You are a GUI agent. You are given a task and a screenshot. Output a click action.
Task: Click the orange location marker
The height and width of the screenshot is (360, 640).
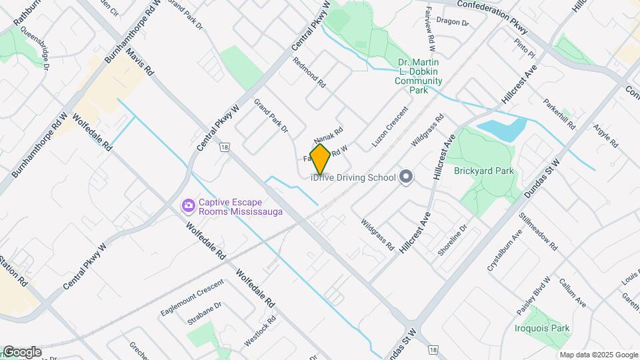[320, 159]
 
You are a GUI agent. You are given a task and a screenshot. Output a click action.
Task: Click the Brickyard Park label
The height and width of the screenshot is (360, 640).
[484, 171]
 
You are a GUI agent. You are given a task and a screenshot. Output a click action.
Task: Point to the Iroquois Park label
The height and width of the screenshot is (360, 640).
[542, 328]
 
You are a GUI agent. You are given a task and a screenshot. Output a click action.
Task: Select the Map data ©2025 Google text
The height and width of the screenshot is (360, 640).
[598, 355]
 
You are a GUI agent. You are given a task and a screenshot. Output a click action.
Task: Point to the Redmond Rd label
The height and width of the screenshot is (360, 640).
[309, 73]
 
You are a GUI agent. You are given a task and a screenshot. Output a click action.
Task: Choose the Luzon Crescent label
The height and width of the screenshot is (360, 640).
[389, 127]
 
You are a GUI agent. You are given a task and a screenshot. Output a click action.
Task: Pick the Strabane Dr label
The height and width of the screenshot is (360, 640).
[204, 314]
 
